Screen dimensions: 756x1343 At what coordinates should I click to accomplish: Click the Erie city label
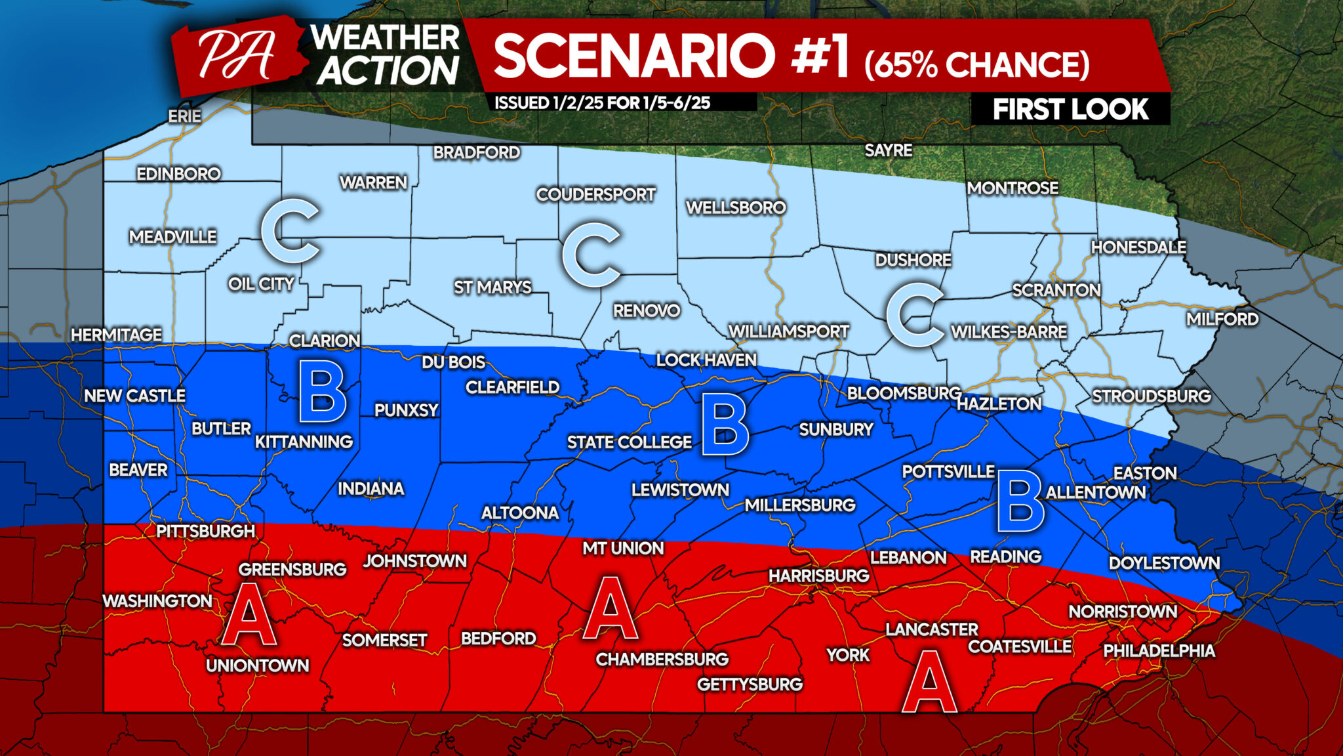click(x=184, y=116)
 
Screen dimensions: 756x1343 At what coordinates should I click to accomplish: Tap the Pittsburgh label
click(x=205, y=531)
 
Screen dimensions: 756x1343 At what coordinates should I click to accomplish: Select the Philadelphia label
click(x=1159, y=650)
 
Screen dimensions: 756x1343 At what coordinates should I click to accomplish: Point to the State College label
click(x=629, y=442)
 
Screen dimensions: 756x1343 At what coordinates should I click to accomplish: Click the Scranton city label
click(x=1056, y=290)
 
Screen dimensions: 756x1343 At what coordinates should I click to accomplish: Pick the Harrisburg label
click(x=818, y=576)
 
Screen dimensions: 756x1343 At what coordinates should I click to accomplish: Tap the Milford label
click(x=1222, y=320)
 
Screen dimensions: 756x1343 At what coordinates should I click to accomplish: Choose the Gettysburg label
click(x=750, y=684)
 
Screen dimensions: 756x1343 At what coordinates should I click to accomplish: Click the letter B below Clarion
click(x=322, y=395)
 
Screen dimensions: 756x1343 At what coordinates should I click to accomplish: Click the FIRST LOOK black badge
click(x=1070, y=109)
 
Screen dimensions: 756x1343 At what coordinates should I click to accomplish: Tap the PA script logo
click(x=236, y=56)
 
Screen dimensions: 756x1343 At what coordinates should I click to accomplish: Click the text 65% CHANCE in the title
click(x=976, y=64)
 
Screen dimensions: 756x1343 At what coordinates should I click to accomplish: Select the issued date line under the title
click(x=602, y=102)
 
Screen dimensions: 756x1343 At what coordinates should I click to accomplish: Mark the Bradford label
click(x=476, y=152)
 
